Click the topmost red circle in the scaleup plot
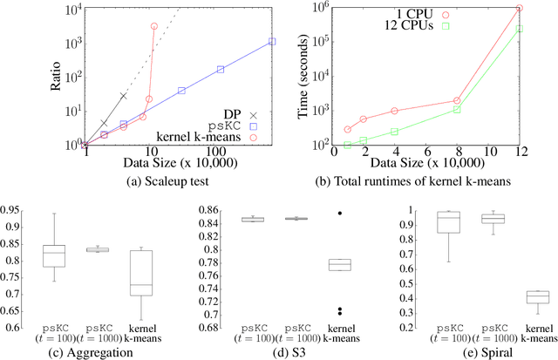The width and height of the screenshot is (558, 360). [x=154, y=26]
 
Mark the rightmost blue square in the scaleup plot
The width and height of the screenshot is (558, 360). [x=272, y=41]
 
